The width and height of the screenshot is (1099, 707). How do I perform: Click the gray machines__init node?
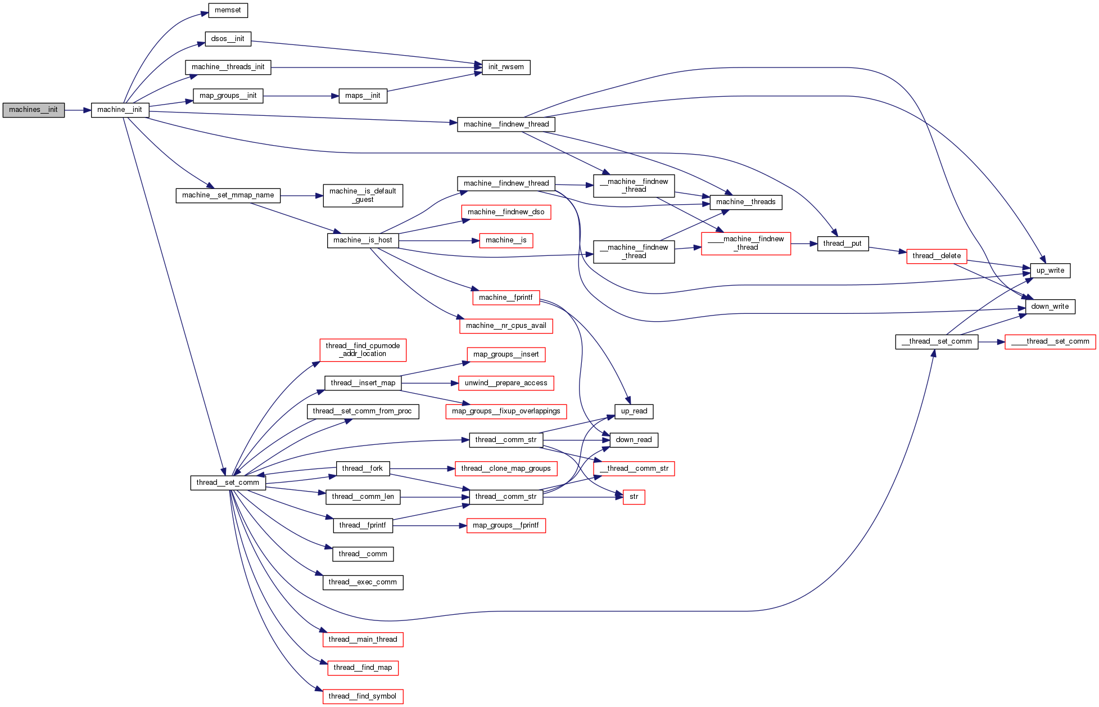point(34,110)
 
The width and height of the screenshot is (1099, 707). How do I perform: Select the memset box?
point(228,11)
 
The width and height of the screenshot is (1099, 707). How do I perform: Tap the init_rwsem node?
point(505,67)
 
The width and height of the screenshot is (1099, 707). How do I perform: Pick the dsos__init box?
point(228,39)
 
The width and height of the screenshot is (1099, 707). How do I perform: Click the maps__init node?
point(363,96)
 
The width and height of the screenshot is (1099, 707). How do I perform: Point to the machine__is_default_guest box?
point(363,196)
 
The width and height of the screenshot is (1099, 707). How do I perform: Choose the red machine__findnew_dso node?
point(506,213)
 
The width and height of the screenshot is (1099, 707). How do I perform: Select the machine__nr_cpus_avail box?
point(506,326)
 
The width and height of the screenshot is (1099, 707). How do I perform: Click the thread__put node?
point(842,244)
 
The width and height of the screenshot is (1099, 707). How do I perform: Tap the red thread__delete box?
point(936,256)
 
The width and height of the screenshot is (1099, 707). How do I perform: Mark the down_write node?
point(1050,307)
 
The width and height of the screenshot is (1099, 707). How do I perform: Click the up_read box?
point(634,412)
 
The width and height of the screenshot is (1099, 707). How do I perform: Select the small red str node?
point(634,497)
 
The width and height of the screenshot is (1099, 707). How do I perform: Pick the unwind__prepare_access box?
point(506,384)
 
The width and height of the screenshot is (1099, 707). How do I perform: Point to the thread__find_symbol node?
point(363,697)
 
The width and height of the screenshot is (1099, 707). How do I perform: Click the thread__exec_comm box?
point(363,583)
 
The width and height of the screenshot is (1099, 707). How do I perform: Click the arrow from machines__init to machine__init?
point(78,110)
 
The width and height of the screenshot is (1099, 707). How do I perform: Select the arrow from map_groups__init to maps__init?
point(301,96)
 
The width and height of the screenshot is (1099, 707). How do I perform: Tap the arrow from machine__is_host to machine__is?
point(438,241)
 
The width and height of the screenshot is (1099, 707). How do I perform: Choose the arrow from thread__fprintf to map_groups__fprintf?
point(430,526)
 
